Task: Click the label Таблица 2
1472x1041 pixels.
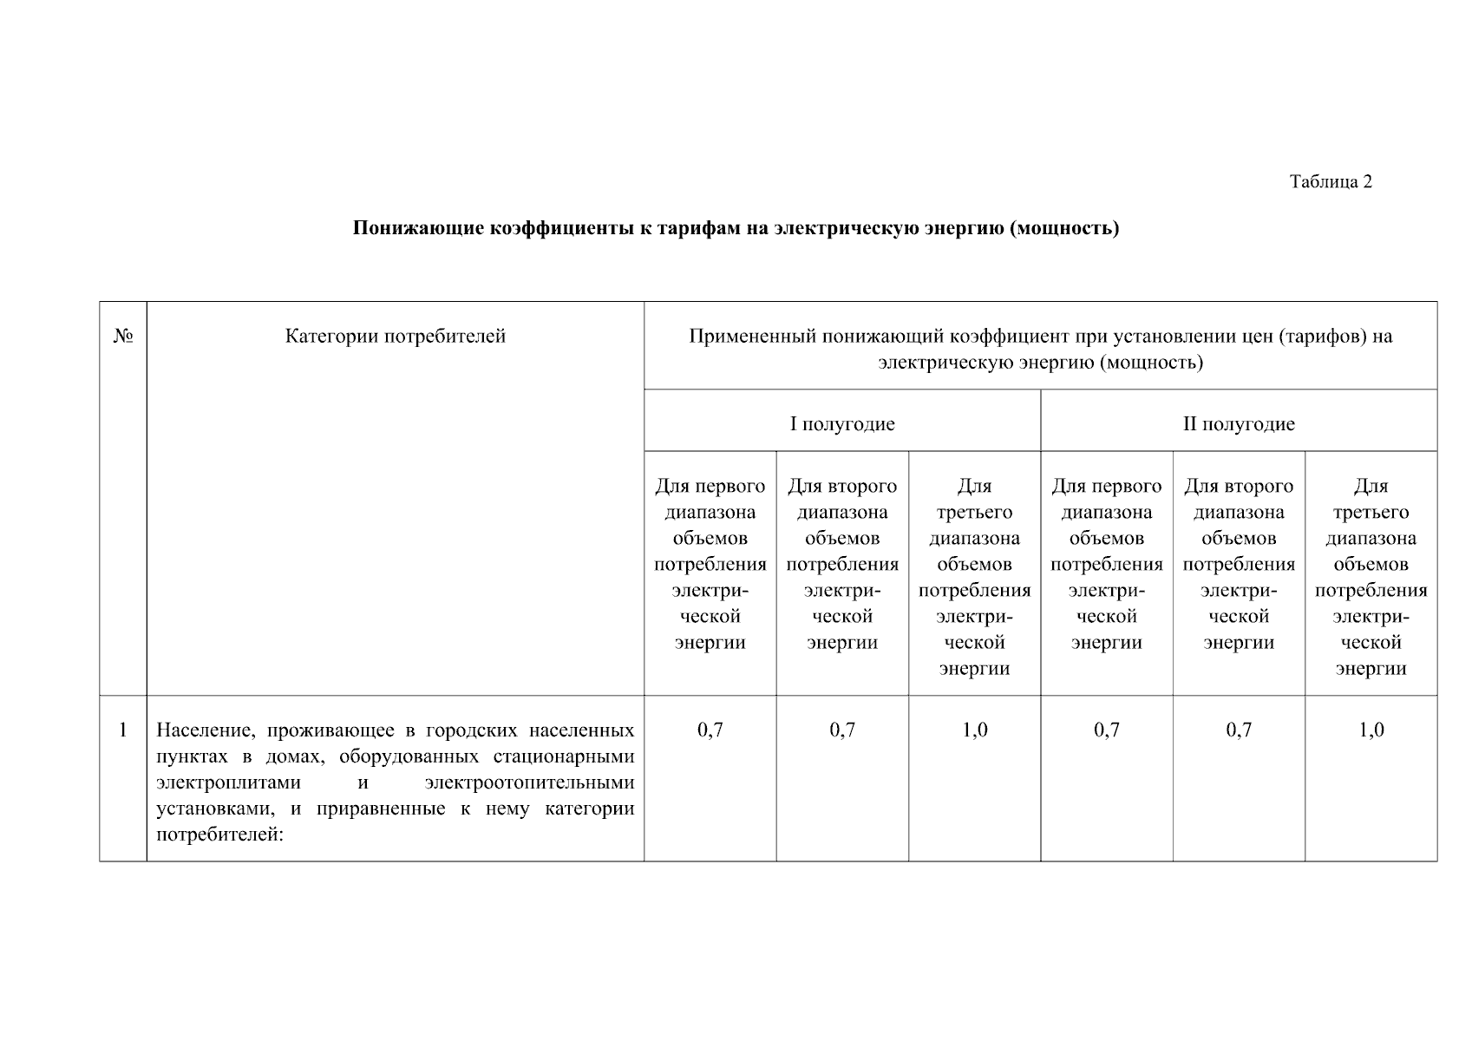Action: (x=1330, y=181)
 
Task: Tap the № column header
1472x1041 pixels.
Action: (x=123, y=337)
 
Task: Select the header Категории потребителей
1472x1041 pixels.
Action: (x=395, y=337)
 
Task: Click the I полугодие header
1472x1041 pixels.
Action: (x=841, y=424)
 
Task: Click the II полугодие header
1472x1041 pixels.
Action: (x=1238, y=424)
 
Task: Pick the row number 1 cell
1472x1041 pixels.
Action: (x=123, y=730)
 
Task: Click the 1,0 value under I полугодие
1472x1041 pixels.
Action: (x=974, y=730)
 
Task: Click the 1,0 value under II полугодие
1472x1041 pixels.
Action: (x=1371, y=730)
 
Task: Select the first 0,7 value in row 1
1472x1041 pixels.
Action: (x=710, y=730)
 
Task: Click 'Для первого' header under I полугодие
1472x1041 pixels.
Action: (x=710, y=486)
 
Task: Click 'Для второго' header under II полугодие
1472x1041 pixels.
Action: (x=1238, y=486)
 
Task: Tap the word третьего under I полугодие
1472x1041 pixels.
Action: (x=974, y=512)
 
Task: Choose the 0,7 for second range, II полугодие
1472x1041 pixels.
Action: (x=1238, y=730)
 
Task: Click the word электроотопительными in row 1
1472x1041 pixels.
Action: (x=530, y=782)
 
